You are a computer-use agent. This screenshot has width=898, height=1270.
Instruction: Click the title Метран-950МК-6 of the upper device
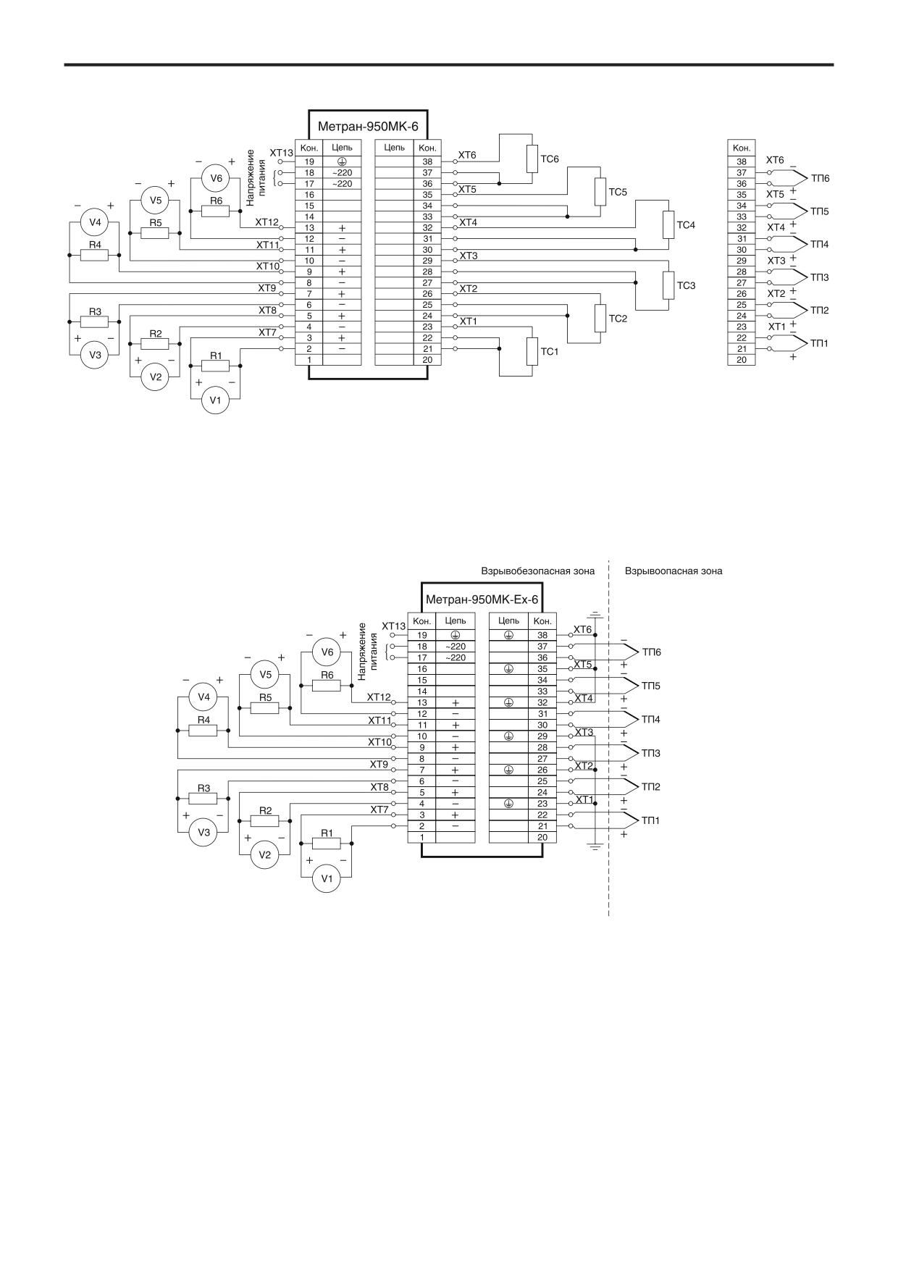coord(368,125)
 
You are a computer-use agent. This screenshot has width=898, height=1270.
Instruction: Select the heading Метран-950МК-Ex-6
coord(482,600)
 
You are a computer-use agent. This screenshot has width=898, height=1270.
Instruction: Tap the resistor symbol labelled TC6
coord(532,159)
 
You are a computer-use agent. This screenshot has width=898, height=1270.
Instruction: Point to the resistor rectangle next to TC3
coord(668,285)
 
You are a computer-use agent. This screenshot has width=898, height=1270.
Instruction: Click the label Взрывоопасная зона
coord(673,571)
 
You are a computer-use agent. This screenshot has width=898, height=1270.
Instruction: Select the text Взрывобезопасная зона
coord(538,571)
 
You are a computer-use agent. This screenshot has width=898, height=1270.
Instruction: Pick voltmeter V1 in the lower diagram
coord(327,879)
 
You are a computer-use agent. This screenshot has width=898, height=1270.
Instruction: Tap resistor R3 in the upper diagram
coord(95,321)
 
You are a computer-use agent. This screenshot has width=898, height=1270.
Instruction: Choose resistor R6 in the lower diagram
coord(327,685)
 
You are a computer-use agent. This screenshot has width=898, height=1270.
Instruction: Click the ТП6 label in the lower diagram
coord(651,652)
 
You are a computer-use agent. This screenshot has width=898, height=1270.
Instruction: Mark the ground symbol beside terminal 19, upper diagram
coord(342,161)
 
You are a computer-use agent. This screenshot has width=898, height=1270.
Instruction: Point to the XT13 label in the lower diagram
coord(393,626)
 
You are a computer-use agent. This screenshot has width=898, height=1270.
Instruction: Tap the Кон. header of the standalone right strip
coord(741,148)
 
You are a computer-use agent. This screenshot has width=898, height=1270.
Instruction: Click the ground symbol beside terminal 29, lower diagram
coord(508,736)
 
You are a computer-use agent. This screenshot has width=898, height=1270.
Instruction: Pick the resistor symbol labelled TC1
coord(532,351)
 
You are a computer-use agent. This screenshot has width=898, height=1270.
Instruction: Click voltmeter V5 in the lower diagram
coord(265,675)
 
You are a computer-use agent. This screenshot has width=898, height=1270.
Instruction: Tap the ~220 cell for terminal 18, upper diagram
coord(342,173)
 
